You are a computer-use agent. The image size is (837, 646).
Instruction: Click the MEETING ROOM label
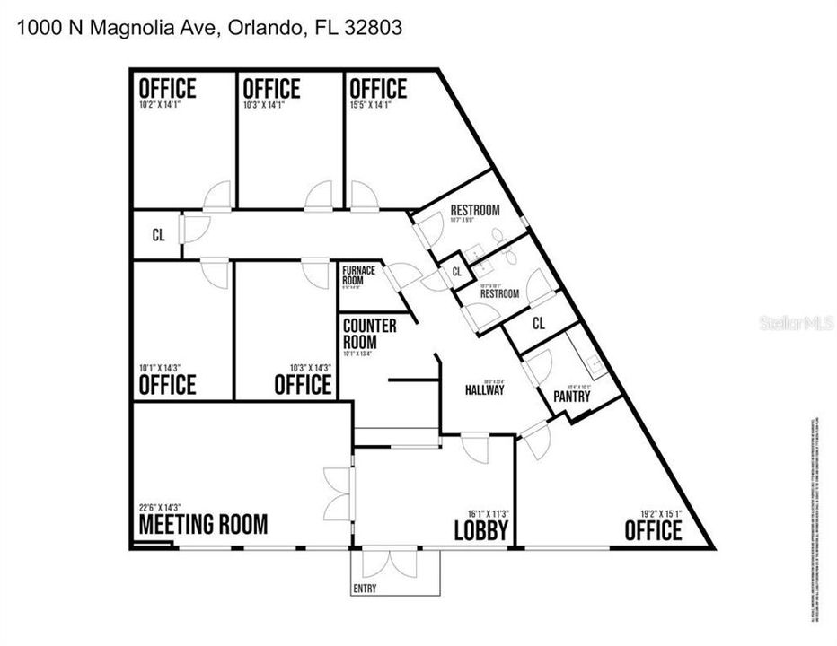[x=203, y=524]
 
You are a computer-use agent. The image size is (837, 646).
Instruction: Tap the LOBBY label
[x=481, y=530]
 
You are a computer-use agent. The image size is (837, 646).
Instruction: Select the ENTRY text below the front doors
[x=365, y=589]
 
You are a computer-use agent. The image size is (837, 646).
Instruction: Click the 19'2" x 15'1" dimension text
[x=660, y=514]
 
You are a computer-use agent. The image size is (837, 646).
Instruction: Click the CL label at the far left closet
[x=158, y=236]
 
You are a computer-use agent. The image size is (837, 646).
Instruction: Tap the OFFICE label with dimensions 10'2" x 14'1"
[x=167, y=89]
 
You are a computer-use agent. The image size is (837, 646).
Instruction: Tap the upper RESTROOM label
[x=475, y=210]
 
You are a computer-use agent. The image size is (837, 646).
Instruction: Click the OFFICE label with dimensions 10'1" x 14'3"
[x=167, y=385]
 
